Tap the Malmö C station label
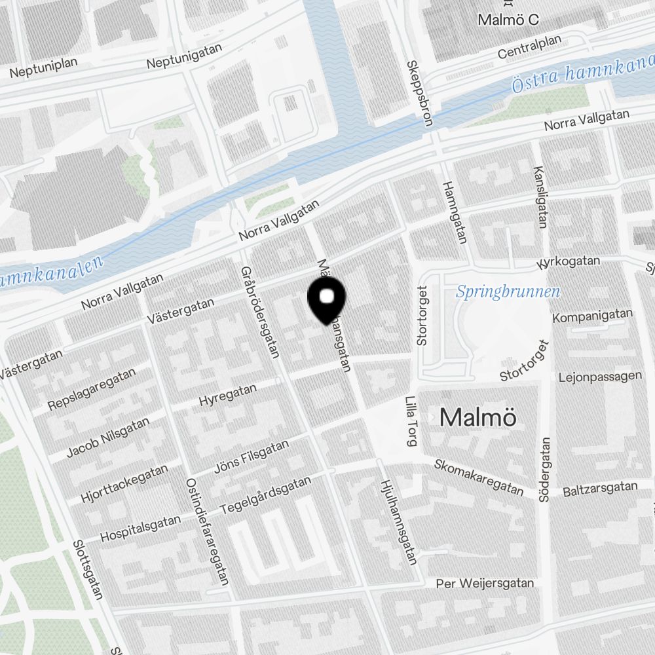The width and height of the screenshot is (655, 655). click(x=508, y=20)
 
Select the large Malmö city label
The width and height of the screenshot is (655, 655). click(x=478, y=417)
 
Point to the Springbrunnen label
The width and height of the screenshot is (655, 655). click(x=508, y=291)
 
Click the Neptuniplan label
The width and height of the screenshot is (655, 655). click(x=44, y=67)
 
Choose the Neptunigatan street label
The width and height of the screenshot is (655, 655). click(x=184, y=56)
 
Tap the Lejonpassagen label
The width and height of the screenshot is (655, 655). click(x=600, y=377)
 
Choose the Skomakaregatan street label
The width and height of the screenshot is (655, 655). click(x=479, y=477)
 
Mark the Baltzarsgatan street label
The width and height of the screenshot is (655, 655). click(x=600, y=488)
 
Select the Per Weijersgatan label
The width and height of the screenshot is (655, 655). click(x=485, y=583)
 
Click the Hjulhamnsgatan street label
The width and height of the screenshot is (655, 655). click(x=398, y=521)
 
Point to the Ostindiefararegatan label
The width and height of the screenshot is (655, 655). click(x=208, y=531)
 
